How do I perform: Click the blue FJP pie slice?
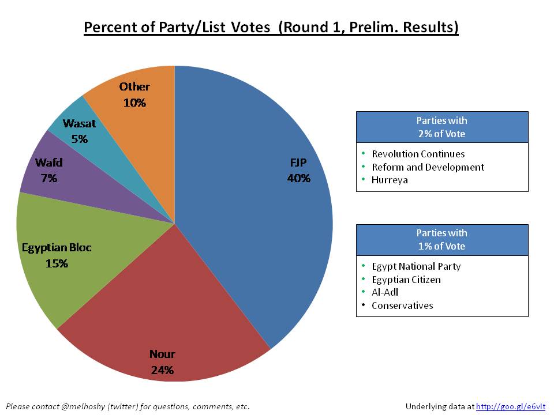tap(254, 219)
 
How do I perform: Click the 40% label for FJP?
tap(298, 178)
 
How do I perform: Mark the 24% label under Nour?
tap(162, 369)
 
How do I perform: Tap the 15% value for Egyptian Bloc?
tap(57, 263)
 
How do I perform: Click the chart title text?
tap(271, 28)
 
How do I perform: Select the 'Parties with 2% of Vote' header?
tap(442, 127)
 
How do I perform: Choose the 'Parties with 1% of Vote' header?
tap(442, 239)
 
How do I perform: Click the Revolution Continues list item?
tap(418, 154)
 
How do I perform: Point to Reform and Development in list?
tap(428, 167)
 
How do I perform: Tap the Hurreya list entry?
tap(390, 180)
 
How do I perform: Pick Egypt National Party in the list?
tap(416, 266)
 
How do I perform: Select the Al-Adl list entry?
tap(385, 292)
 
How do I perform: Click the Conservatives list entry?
tap(402, 305)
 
